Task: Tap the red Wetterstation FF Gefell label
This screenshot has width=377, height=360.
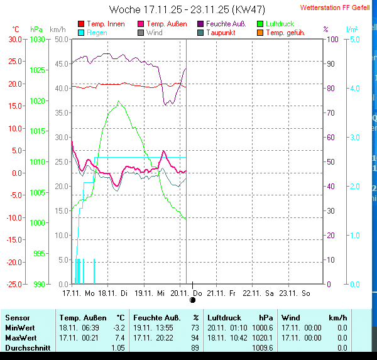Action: click(x=335, y=8)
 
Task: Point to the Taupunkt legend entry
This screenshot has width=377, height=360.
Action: click(x=221, y=32)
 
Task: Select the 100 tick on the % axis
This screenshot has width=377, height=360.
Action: click(x=332, y=39)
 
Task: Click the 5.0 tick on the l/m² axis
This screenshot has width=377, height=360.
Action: click(x=354, y=39)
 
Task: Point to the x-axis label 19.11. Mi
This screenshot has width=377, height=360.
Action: click(x=152, y=293)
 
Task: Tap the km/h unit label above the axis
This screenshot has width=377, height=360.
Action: click(x=57, y=30)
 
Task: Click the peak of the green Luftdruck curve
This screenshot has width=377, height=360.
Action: click(x=117, y=101)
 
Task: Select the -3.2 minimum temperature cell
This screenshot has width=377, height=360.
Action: click(x=119, y=328)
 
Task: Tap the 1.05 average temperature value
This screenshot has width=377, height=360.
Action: click(x=117, y=347)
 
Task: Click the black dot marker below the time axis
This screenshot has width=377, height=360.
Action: click(x=192, y=300)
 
